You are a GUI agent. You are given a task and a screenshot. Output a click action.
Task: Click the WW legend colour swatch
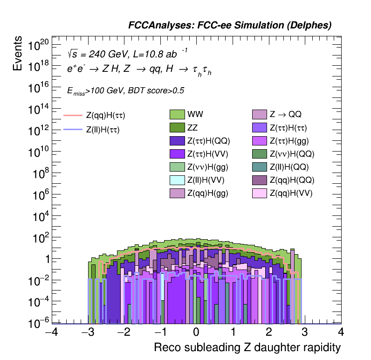click(x=177, y=114)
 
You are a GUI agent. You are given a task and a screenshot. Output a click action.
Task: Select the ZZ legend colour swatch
click(x=177, y=127)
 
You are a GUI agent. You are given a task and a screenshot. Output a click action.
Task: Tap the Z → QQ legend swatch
click(x=260, y=114)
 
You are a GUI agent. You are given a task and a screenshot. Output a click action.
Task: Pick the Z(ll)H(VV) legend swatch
click(x=177, y=180)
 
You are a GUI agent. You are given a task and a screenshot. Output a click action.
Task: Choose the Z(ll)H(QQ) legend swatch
click(x=260, y=167)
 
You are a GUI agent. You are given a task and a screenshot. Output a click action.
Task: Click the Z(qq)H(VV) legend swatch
click(x=260, y=193)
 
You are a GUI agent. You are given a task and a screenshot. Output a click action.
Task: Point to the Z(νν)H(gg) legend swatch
click(x=177, y=167)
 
